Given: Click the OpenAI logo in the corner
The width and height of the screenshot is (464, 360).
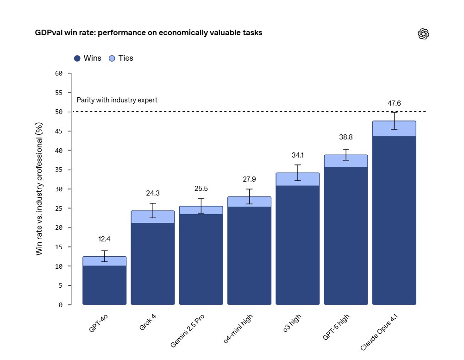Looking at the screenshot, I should click(424, 34).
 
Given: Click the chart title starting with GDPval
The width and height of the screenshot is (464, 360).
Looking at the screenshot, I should click(149, 33).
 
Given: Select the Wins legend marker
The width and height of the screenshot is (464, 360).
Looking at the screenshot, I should click(77, 58).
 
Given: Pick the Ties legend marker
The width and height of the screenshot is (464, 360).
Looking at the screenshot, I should click(112, 58).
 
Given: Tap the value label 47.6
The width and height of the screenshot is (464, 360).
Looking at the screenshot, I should click(394, 103).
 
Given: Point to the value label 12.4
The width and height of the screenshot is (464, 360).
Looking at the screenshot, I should click(104, 239).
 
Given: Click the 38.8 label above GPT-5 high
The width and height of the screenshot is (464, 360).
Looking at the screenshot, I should click(345, 138).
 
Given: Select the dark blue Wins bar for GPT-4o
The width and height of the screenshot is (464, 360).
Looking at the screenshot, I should click(104, 285).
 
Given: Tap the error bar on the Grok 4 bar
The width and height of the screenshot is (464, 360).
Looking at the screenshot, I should click(153, 210).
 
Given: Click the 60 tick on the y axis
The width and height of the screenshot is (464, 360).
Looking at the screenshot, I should click(58, 73).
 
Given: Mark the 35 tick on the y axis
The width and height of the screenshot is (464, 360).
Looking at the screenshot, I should click(58, 170).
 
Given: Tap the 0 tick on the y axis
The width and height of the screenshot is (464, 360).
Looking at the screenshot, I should click(60, 305).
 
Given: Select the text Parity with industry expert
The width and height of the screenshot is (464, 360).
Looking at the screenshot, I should click(117, 100).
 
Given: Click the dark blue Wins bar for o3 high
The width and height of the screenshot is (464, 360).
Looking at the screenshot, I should click(297, 246).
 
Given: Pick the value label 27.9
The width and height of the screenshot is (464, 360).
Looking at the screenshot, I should click(249, 179).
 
